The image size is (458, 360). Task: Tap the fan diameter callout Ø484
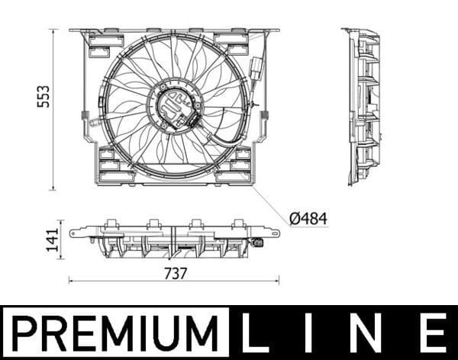click(308, 219)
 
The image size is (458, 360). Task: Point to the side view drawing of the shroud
click(363, 107)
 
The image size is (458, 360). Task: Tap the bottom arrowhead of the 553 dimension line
click(54, 187)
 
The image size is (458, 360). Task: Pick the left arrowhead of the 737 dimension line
click(72, 281)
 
